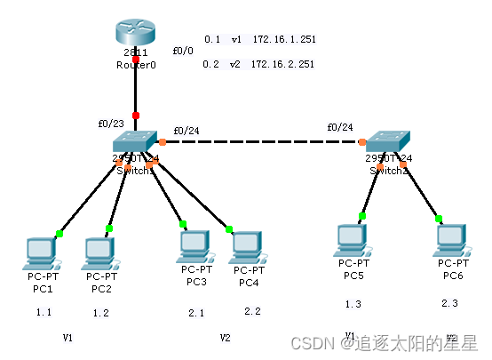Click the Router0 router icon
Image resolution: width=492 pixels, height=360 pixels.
click(x=136, y=36)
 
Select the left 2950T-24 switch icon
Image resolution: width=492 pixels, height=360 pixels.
click(x=136, y=145)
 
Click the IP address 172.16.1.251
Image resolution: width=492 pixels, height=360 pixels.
click(x=283, y=40)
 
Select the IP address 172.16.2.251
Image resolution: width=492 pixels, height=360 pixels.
click(x=283, y=64)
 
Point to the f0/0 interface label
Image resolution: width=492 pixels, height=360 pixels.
click(x=182, y=51)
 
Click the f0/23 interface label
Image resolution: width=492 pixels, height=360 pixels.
click(x=110, y=124)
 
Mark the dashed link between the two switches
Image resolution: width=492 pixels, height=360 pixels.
click(x=262, y=142)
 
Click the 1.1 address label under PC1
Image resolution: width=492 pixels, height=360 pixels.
click(x=44, y=313)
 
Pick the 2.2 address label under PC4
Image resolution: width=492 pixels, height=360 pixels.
click(x=252, y=311)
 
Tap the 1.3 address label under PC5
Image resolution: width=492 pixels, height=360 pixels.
click(x=353, y=305)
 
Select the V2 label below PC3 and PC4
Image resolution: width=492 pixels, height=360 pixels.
click(x=225, y=339)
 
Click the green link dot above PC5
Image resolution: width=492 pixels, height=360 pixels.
click(x=362, y=216)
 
